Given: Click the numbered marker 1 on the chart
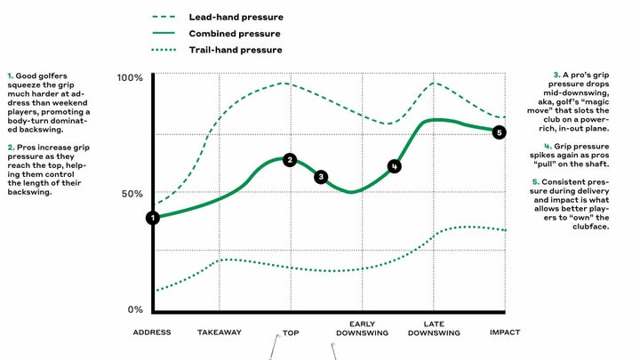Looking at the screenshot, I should click(x=153, y=217).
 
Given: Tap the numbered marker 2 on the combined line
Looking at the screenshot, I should click(x=289, y=160).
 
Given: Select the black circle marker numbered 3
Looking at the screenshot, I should click(x=321, y=177).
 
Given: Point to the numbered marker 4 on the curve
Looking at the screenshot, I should click(x=395, y=165).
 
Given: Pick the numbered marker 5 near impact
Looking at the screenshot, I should click(x=499, y=132).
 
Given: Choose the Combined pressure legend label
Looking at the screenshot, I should click(x=233, y=34).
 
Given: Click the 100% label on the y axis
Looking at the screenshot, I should click(x=130, y=78).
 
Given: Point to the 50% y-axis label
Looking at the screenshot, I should click(x=132, y=194).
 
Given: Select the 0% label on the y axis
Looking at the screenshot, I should click(x=135, y=310).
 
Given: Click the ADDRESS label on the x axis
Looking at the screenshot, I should click(x=152, y=332).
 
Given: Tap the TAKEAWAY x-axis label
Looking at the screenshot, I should click(x=220, y=332).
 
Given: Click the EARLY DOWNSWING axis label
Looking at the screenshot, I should click(x=363, y=328).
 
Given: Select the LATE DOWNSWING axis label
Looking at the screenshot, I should click(x=434, y=328).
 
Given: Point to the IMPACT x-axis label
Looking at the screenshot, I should click(x=505, y=332).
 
